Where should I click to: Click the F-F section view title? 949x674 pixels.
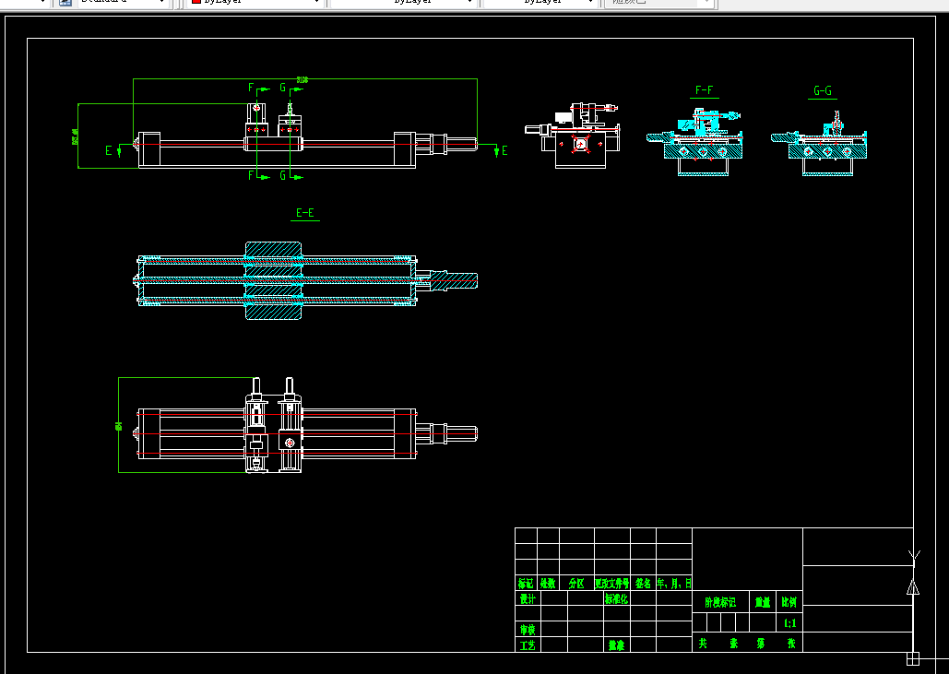[x=704, y=90]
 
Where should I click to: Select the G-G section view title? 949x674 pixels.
[x=823, y=91]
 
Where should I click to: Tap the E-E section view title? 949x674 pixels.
[x=305, y=213]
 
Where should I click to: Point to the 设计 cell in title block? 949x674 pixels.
[x=528, y=598]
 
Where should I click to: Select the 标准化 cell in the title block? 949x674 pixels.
[x=616, y=598]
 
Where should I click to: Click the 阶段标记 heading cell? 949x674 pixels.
[x=720, y=602]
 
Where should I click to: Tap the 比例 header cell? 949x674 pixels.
[x=789, y=602]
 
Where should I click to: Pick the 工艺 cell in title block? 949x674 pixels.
[x=528, y=645]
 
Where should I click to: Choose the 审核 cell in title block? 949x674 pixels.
[x=528, y=630]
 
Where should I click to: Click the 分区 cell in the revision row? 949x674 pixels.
[x=576, y=584]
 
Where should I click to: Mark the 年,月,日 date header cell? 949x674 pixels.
[x=674, y=584]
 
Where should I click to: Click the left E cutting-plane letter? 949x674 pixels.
[x=109, y=150]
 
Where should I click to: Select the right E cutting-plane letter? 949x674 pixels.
[x=504, y=150]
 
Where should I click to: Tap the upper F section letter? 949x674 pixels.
[x=251, y=88]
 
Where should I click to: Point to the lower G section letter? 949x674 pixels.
[x=283, y=175]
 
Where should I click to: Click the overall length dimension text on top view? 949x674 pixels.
[x=302, y=80]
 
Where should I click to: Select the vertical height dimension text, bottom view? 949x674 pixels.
[x=119, y=425]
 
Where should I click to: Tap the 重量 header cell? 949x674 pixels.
[x=763, y=602]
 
